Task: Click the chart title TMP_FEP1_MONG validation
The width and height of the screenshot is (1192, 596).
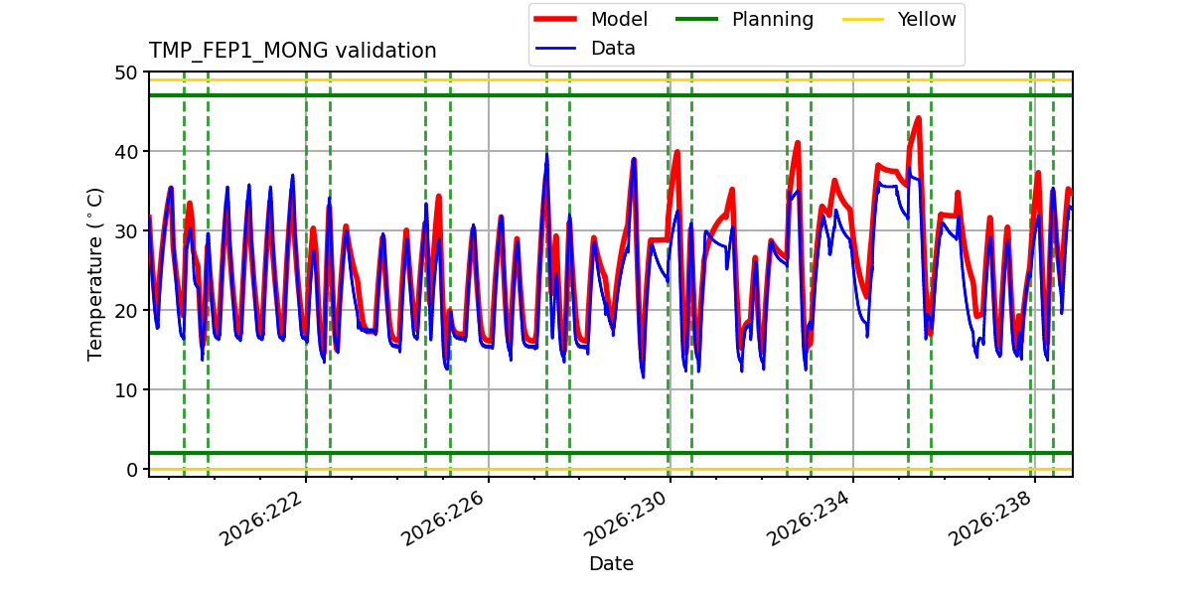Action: pyautogui.click(x=292, y=51)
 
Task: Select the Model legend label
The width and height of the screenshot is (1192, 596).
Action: pyautogui.click(x=619, y=19)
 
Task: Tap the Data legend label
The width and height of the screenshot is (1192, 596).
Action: pyautogui.click(x=613, y=49)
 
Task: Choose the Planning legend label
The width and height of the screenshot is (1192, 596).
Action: pyautogui.click(x=773, y=20)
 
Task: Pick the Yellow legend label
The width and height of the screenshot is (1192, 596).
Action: pyautogui.click(x=927, y=19)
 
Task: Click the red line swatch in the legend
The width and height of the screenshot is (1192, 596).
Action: pyautogui.click(x=555, y=19)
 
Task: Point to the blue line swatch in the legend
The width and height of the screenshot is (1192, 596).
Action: pyautogui.click(x=555, y=49)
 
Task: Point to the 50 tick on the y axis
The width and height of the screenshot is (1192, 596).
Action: pyautogui.click(x=125, y=73)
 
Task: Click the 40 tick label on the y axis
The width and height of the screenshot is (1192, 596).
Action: pyautogui.click(x=125, y=152)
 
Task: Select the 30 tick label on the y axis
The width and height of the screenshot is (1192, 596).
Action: pyautogui.click(x=125, y=231)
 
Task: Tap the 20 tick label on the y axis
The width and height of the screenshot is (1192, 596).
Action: pyautogui.click(x=125, y=311)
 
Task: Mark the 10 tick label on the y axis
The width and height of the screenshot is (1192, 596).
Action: pyautogui.click(x=125, y=390)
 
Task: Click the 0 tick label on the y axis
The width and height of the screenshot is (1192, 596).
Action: pyautogui.click(x=131, y=470)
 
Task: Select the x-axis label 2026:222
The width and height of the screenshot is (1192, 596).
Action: pyautogui.click(x=262, y=519)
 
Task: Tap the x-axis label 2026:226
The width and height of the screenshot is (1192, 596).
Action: pyautogui.click(x=444, y=519)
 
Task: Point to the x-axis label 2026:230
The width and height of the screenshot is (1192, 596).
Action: pyautogui.click(x=626, y=519)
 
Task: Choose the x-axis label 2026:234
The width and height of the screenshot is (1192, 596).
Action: pyautogui.click(x=809, y=519)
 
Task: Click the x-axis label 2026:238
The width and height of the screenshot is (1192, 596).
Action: pyautogui.click(x=991, y=519)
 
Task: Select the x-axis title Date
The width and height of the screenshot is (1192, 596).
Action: pyautogui.click(x=612, y=563)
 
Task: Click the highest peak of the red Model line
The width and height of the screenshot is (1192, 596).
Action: pyautogui.click(x=918, y=118)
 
